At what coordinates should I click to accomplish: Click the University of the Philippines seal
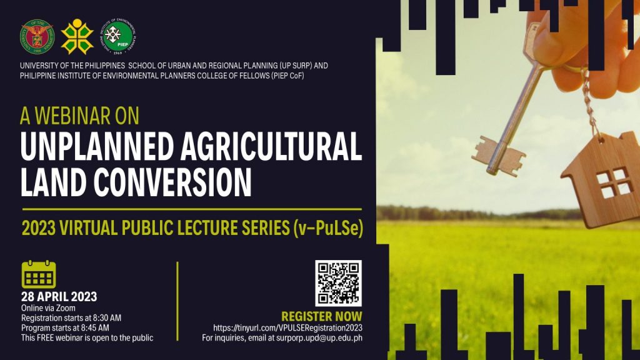click(x=37, y=37)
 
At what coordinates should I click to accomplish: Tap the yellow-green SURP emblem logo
click(x=77, y=37)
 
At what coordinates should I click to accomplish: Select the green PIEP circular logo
click(x=118, y=37)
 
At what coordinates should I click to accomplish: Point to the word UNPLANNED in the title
click(x=97, y=147)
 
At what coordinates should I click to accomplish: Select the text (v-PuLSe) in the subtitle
click(x=327, y=227)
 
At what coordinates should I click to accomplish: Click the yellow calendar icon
click(x=38, y=274)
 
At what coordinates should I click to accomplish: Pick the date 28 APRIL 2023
click(x=59, y=297)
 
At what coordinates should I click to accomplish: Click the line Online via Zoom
click(x=48, y=308)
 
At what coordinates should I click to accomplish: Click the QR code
click(x=338, y=283)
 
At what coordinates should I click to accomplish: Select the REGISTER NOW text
click(x=322, y=316)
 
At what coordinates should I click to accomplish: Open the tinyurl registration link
click(x=287, y=328)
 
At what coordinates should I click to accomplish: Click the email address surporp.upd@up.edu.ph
click(x=319, y=338)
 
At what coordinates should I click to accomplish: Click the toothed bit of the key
click(x=498, y=156)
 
